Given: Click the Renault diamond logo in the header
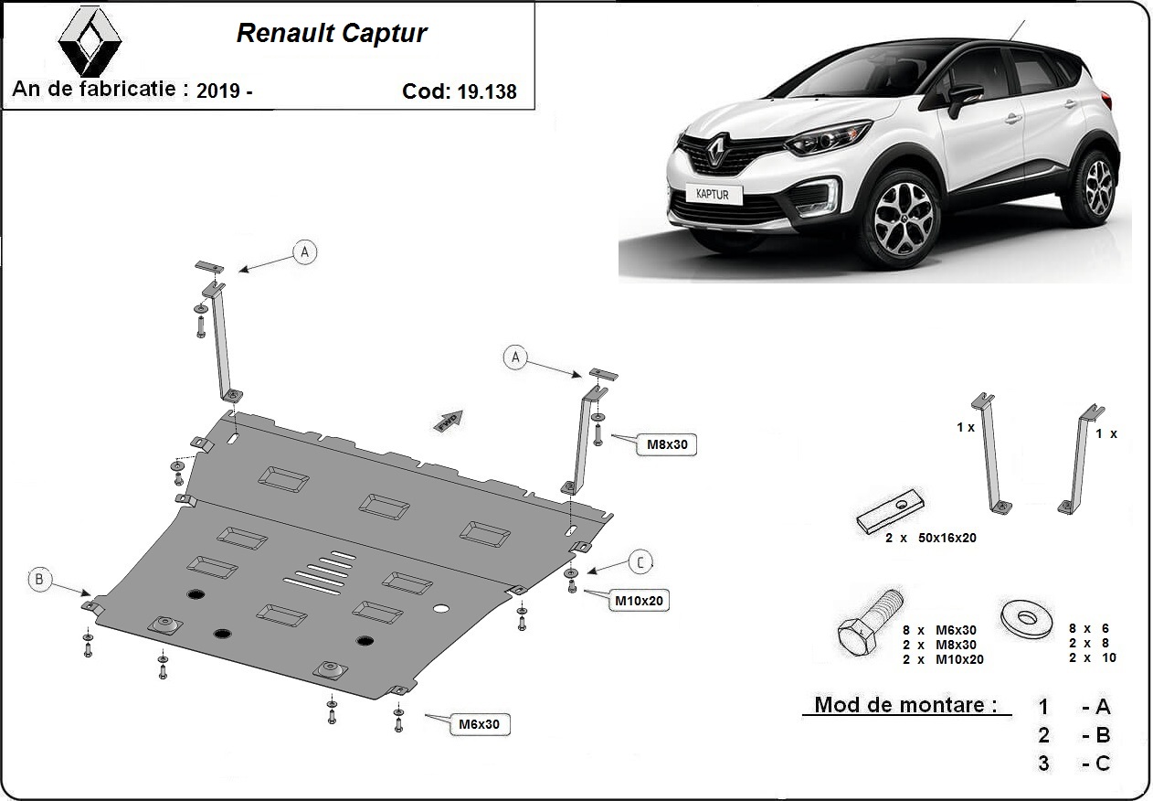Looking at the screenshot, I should pos(90,41).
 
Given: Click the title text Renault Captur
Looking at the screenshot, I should pos(332,34).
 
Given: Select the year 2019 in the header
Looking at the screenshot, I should pos(219,91).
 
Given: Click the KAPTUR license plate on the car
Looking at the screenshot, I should pos(713,194).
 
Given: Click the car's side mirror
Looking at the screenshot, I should pos(965,95).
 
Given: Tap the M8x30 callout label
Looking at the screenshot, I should pos(667,445).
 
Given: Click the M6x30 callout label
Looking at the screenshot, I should pos(480,724).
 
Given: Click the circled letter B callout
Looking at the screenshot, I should pos(38,578).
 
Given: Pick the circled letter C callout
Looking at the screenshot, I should pos(640,562).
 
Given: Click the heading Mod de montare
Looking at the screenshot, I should pos(900,705).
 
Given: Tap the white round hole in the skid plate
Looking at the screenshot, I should pos(440,609).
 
